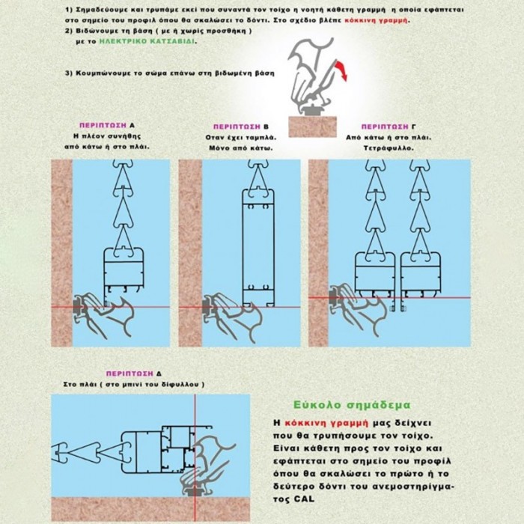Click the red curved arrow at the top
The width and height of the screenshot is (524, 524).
click(341, 70)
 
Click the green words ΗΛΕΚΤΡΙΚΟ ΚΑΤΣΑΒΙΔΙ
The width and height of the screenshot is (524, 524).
click(148, 42)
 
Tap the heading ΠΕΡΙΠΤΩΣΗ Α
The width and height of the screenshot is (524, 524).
click(107, 125)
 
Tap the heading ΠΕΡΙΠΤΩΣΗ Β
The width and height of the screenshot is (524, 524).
click(241, 127)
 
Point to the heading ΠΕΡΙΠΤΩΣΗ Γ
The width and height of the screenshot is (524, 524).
click(389, 127)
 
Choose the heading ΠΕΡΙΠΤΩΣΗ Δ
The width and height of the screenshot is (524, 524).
click(134, 374)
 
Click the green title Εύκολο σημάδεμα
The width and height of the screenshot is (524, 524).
click(352, 405)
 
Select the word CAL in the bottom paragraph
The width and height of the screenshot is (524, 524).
click(305, 499)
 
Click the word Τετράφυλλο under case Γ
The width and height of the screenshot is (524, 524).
click(389, 148)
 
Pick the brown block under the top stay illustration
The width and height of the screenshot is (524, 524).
click(312, 127)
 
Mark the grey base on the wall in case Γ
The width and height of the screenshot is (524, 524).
click(334, 296)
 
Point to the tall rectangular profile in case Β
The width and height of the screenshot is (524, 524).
click(258, 248)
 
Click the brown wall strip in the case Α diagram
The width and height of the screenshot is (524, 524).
click(62, 253)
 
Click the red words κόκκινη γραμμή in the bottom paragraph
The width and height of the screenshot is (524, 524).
click(326, 423)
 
